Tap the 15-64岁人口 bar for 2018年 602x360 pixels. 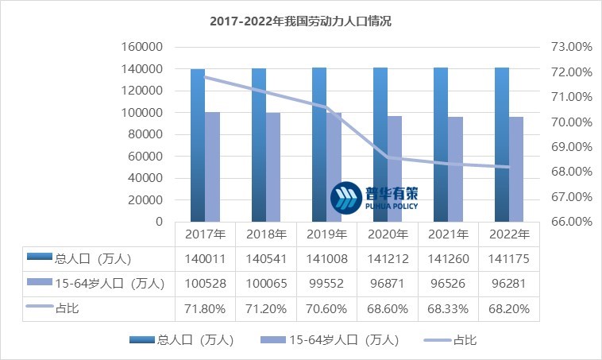273,167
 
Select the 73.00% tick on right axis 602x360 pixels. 571,47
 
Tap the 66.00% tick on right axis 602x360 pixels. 571,222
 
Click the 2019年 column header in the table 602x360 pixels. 326,234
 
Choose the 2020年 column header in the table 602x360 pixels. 388,234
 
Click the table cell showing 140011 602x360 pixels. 205,258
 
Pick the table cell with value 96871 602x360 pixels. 388,282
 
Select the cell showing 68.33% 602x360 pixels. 448,307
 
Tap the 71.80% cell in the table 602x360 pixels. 205,307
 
